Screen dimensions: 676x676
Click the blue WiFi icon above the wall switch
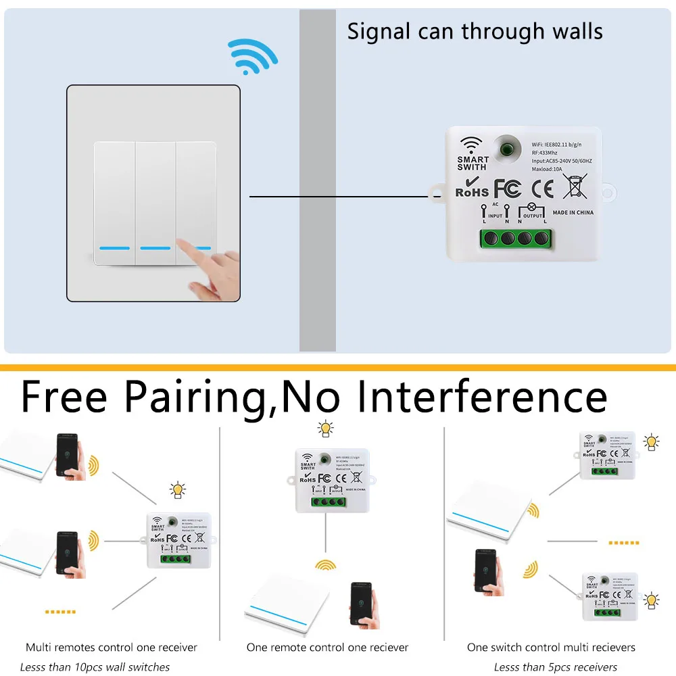251,55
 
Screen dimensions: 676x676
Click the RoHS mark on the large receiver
471,191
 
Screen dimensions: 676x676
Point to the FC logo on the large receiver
508,189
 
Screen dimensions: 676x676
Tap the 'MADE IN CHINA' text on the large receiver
573,212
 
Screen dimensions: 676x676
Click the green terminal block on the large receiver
514,238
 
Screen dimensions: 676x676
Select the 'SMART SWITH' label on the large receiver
472,163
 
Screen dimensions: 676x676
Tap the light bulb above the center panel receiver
326,429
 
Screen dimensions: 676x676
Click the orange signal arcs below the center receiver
326,564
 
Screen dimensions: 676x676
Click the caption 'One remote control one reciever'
327,648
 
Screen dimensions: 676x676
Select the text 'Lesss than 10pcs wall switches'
95,667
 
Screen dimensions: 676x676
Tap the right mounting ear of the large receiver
608,194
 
